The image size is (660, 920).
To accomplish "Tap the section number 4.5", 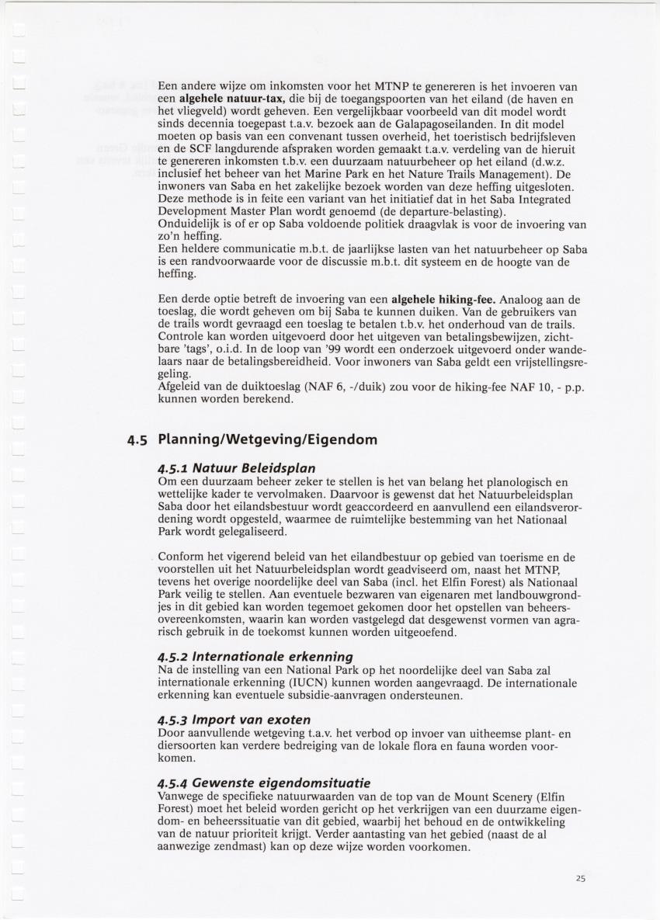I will (137, 440).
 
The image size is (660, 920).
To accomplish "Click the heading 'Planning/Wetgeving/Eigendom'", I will (267, 439).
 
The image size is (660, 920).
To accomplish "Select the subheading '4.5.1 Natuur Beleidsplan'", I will (225, 468).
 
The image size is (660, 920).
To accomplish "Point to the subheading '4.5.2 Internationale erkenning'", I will (255, 657).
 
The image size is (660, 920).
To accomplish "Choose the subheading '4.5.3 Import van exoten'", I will (234, 720).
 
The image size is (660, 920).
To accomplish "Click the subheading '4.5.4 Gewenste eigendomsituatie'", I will (263, 782).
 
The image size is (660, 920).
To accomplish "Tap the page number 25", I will (581, 878).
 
